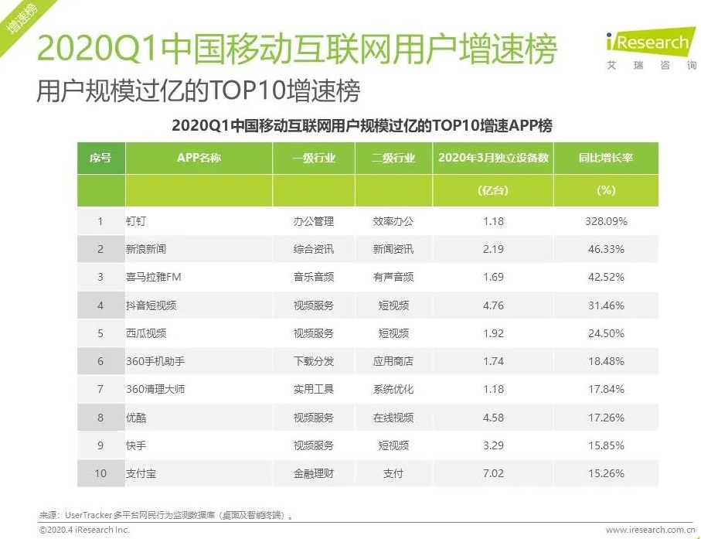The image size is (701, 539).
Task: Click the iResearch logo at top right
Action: [652, 48]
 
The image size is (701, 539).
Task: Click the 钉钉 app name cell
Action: [136, 221]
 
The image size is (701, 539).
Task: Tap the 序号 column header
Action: [100, 158]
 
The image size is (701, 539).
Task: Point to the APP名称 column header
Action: [199, 158]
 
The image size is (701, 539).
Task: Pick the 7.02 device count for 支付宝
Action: [492, 473]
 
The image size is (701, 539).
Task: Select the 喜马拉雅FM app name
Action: [153, 277]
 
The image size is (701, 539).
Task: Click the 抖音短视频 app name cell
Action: [151, 305]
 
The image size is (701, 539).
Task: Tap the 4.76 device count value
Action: [492, 305]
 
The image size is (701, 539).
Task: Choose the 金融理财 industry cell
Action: [313, 473]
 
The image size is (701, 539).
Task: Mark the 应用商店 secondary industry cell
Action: [393, 361]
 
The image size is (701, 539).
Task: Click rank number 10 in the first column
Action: [100, 473]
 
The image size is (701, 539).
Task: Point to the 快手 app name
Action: [136, 445]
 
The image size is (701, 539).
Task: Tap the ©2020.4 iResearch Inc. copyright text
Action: [84, 530]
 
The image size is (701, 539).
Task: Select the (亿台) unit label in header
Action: [492, 190]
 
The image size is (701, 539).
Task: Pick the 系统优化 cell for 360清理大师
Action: [393, 389]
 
